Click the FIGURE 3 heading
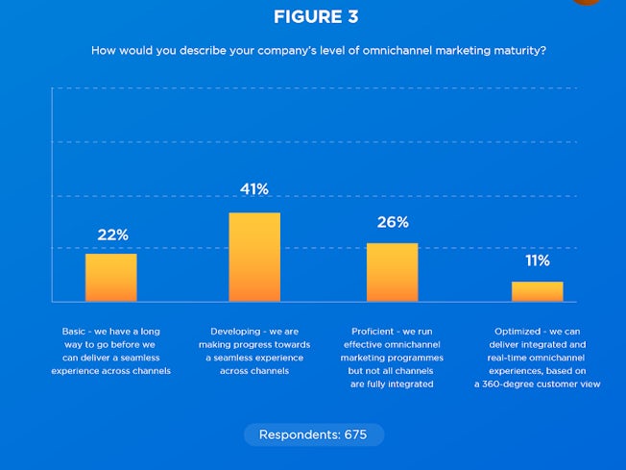point(313,17)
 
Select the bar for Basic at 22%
point(110,278)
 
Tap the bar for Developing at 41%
point(254,257)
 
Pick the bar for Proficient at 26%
point(393,272)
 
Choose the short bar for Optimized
point(537,291)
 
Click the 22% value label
point(112,235)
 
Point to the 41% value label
point(254,189)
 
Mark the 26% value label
point(393,222)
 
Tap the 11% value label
point(537,260)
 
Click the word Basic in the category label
point(73,331)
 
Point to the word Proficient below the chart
point(369,331)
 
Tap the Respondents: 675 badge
point(313,434)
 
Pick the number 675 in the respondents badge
point(355,434)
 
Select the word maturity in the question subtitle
point(520,50)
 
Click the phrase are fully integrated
point(392,383)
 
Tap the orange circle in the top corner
point(587,2)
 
